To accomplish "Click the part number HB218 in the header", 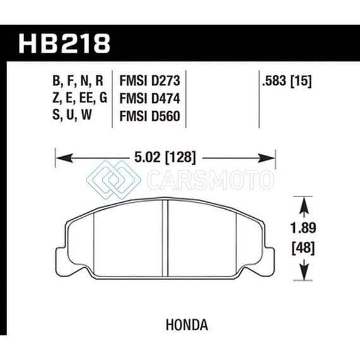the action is click(x=64, y=44).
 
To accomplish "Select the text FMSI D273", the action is click(x=150, y=81).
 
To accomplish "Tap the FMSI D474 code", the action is click(x=150, y=99).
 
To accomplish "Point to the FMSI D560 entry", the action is click(x=150, y=116).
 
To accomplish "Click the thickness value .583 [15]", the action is click(x=287, y=81).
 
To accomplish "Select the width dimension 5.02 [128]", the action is click(x=165, y=158).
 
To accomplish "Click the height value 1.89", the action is click(x=303, y=229).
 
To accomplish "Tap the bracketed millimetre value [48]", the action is click(x=303, y=248).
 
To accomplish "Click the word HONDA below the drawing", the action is click(x=187, y=325).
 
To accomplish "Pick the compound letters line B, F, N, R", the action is click(x=78, y=81).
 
